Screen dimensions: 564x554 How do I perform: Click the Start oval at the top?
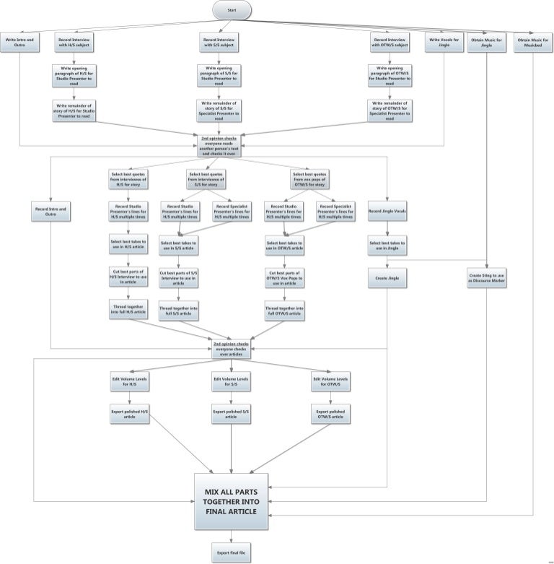pyautogui.click(x=232, y=10)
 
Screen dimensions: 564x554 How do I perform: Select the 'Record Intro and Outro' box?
pyautogui.click(x=50, y=212)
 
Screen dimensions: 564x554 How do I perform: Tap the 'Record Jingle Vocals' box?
pyautogui.click(x=387, y=212)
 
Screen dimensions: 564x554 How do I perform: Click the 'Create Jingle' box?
pyautogui.click(x=387, y=278)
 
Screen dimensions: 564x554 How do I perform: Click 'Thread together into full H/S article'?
pyautogui.click(x=128, y=310)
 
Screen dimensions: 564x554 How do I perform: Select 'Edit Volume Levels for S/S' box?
pyautogui.click(x=232, y=381)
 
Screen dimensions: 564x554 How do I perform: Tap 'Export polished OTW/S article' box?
pyautogui.click(x=330, y=414)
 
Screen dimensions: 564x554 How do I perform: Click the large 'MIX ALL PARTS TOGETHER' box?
pyautogui.click(x=232, y=500)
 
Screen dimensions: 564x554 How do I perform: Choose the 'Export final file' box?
pyautogui.click(x=232, y=552)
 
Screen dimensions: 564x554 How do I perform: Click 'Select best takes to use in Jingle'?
pyautogui.click(x=387, y=246)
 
